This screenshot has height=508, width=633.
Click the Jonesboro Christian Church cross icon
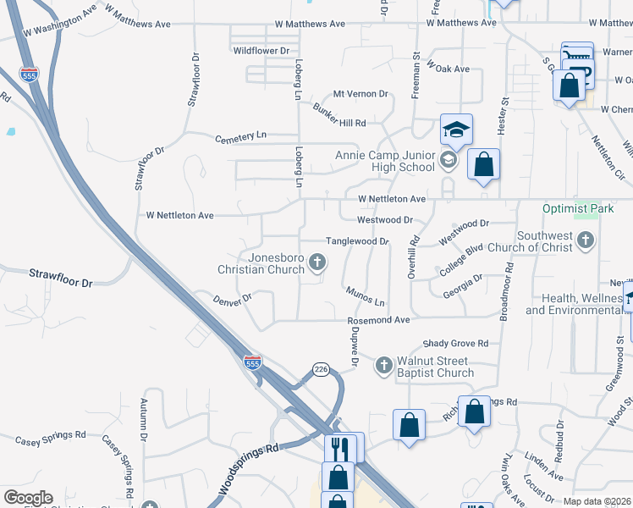coord(317,262)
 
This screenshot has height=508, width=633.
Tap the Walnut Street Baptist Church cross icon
coord(383,365)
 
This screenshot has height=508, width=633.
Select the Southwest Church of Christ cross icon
coord(585,241)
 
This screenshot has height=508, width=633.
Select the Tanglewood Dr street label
coord(357,241)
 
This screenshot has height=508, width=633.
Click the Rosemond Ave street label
coord(378,321)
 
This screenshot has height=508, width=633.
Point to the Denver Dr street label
coord(233,299)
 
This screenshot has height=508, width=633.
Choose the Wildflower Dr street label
coord(261,51)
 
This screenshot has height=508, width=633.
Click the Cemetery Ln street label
coord(240,136)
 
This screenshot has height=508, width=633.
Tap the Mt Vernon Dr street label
coord(361,94)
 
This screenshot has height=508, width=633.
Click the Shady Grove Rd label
coord(456,344)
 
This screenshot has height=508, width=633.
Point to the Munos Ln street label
coord(365,296)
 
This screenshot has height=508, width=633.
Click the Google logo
coord(28,498)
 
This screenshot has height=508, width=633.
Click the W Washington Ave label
coord(61,22)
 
